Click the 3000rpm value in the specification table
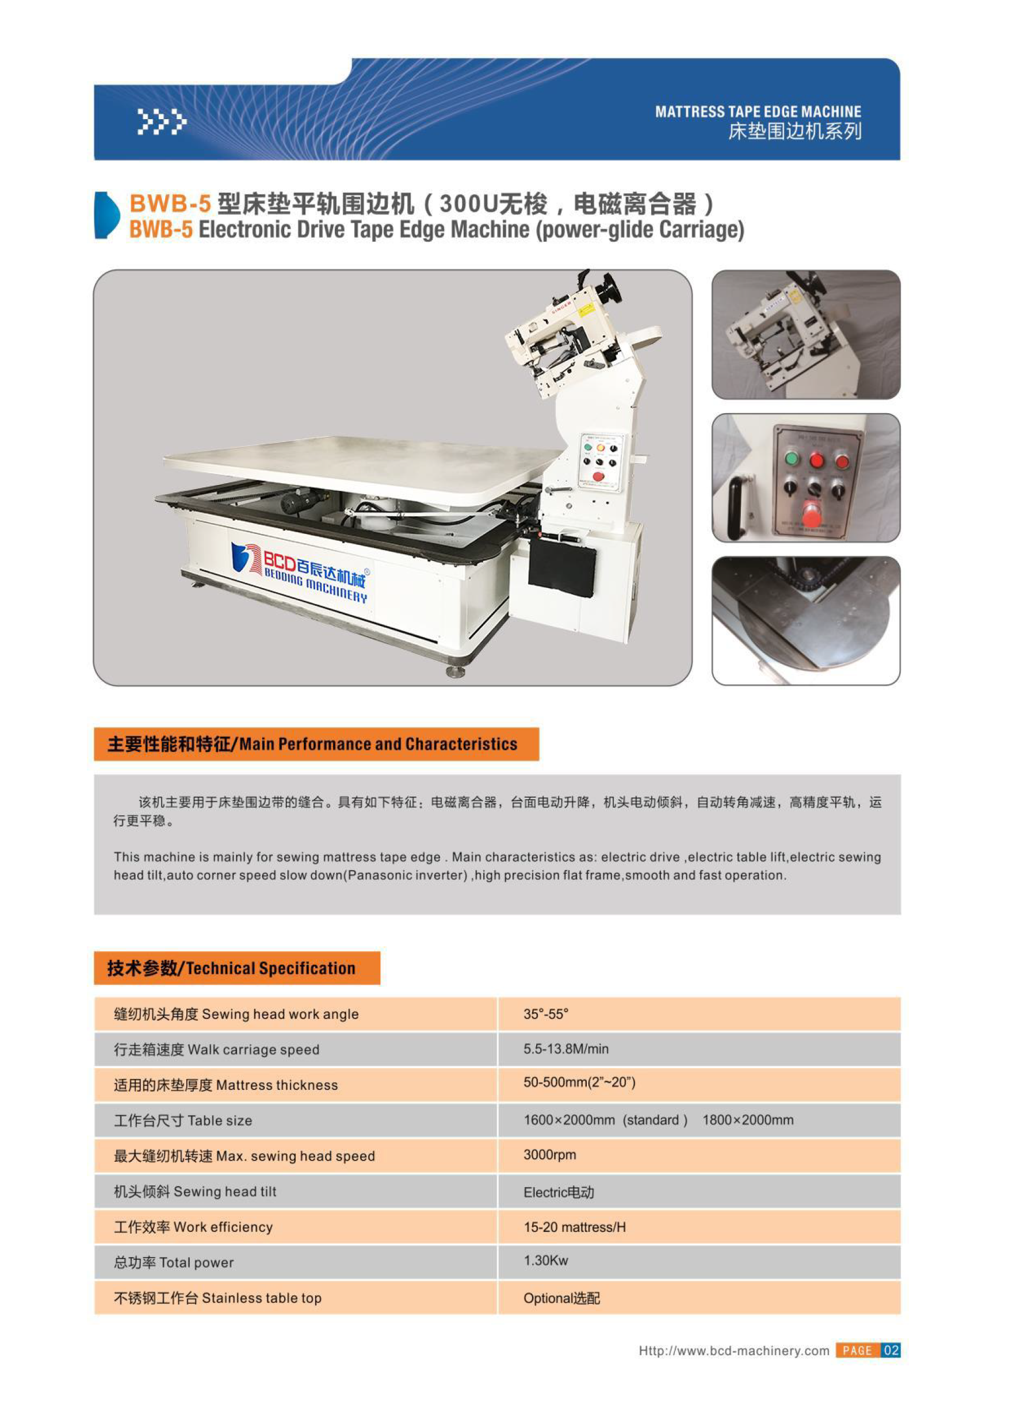click(x=549, y=1155)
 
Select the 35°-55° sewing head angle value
click(x=545, y=1014)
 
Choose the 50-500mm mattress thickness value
click(x=579, y=1082)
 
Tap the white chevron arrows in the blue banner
click(x=162, y=122)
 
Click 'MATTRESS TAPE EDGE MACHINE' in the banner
click(x=758, y=112)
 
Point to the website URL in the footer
click(x=733, y=1350)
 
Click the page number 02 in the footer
click(x=891, y=1350)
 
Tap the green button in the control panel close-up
click(x=792, y=459)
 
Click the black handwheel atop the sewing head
click(x=610, y=289)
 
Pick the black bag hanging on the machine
click(x=561, y=568)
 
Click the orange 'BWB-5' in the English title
click(x=161, y=230)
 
